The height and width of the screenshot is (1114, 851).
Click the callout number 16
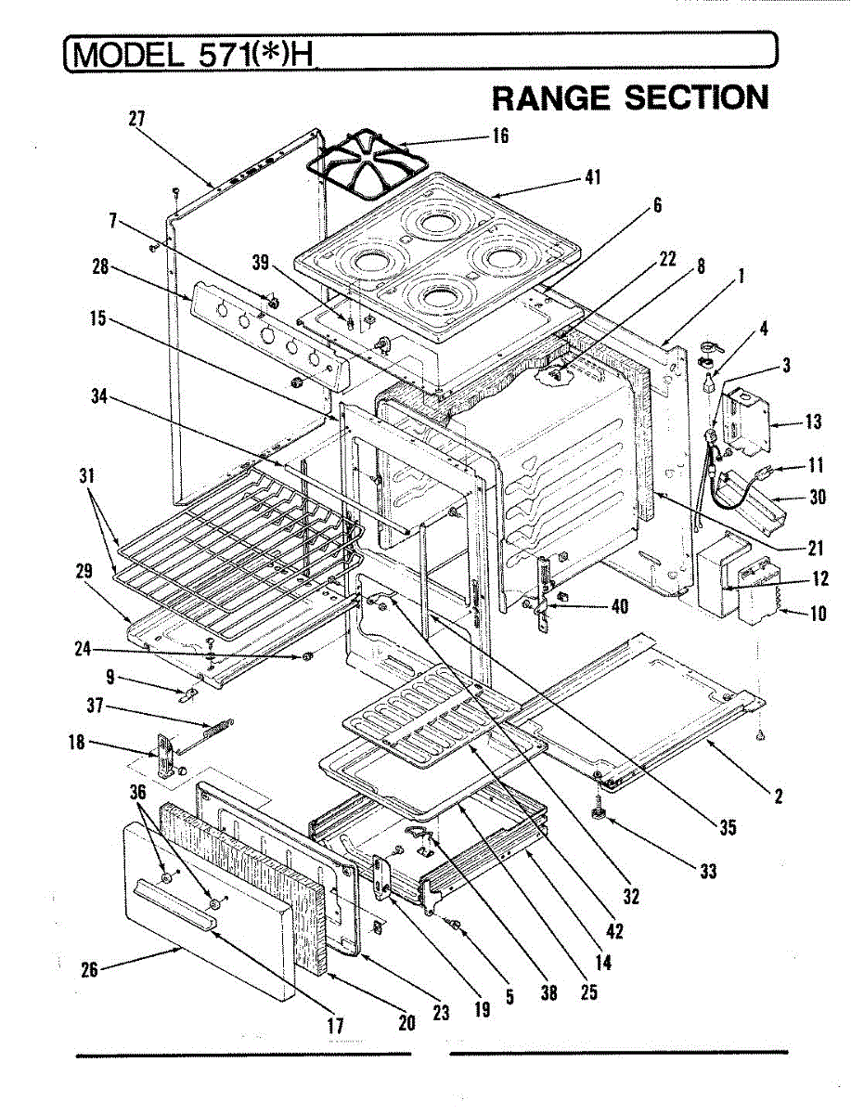[x=500, y=136]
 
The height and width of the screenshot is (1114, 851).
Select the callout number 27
[x=136, y=118]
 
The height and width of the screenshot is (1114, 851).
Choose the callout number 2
[x=778, y=795]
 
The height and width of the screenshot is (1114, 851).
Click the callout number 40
[x=619, y=606]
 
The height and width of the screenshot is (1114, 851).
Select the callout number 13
[x=813, y=422]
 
